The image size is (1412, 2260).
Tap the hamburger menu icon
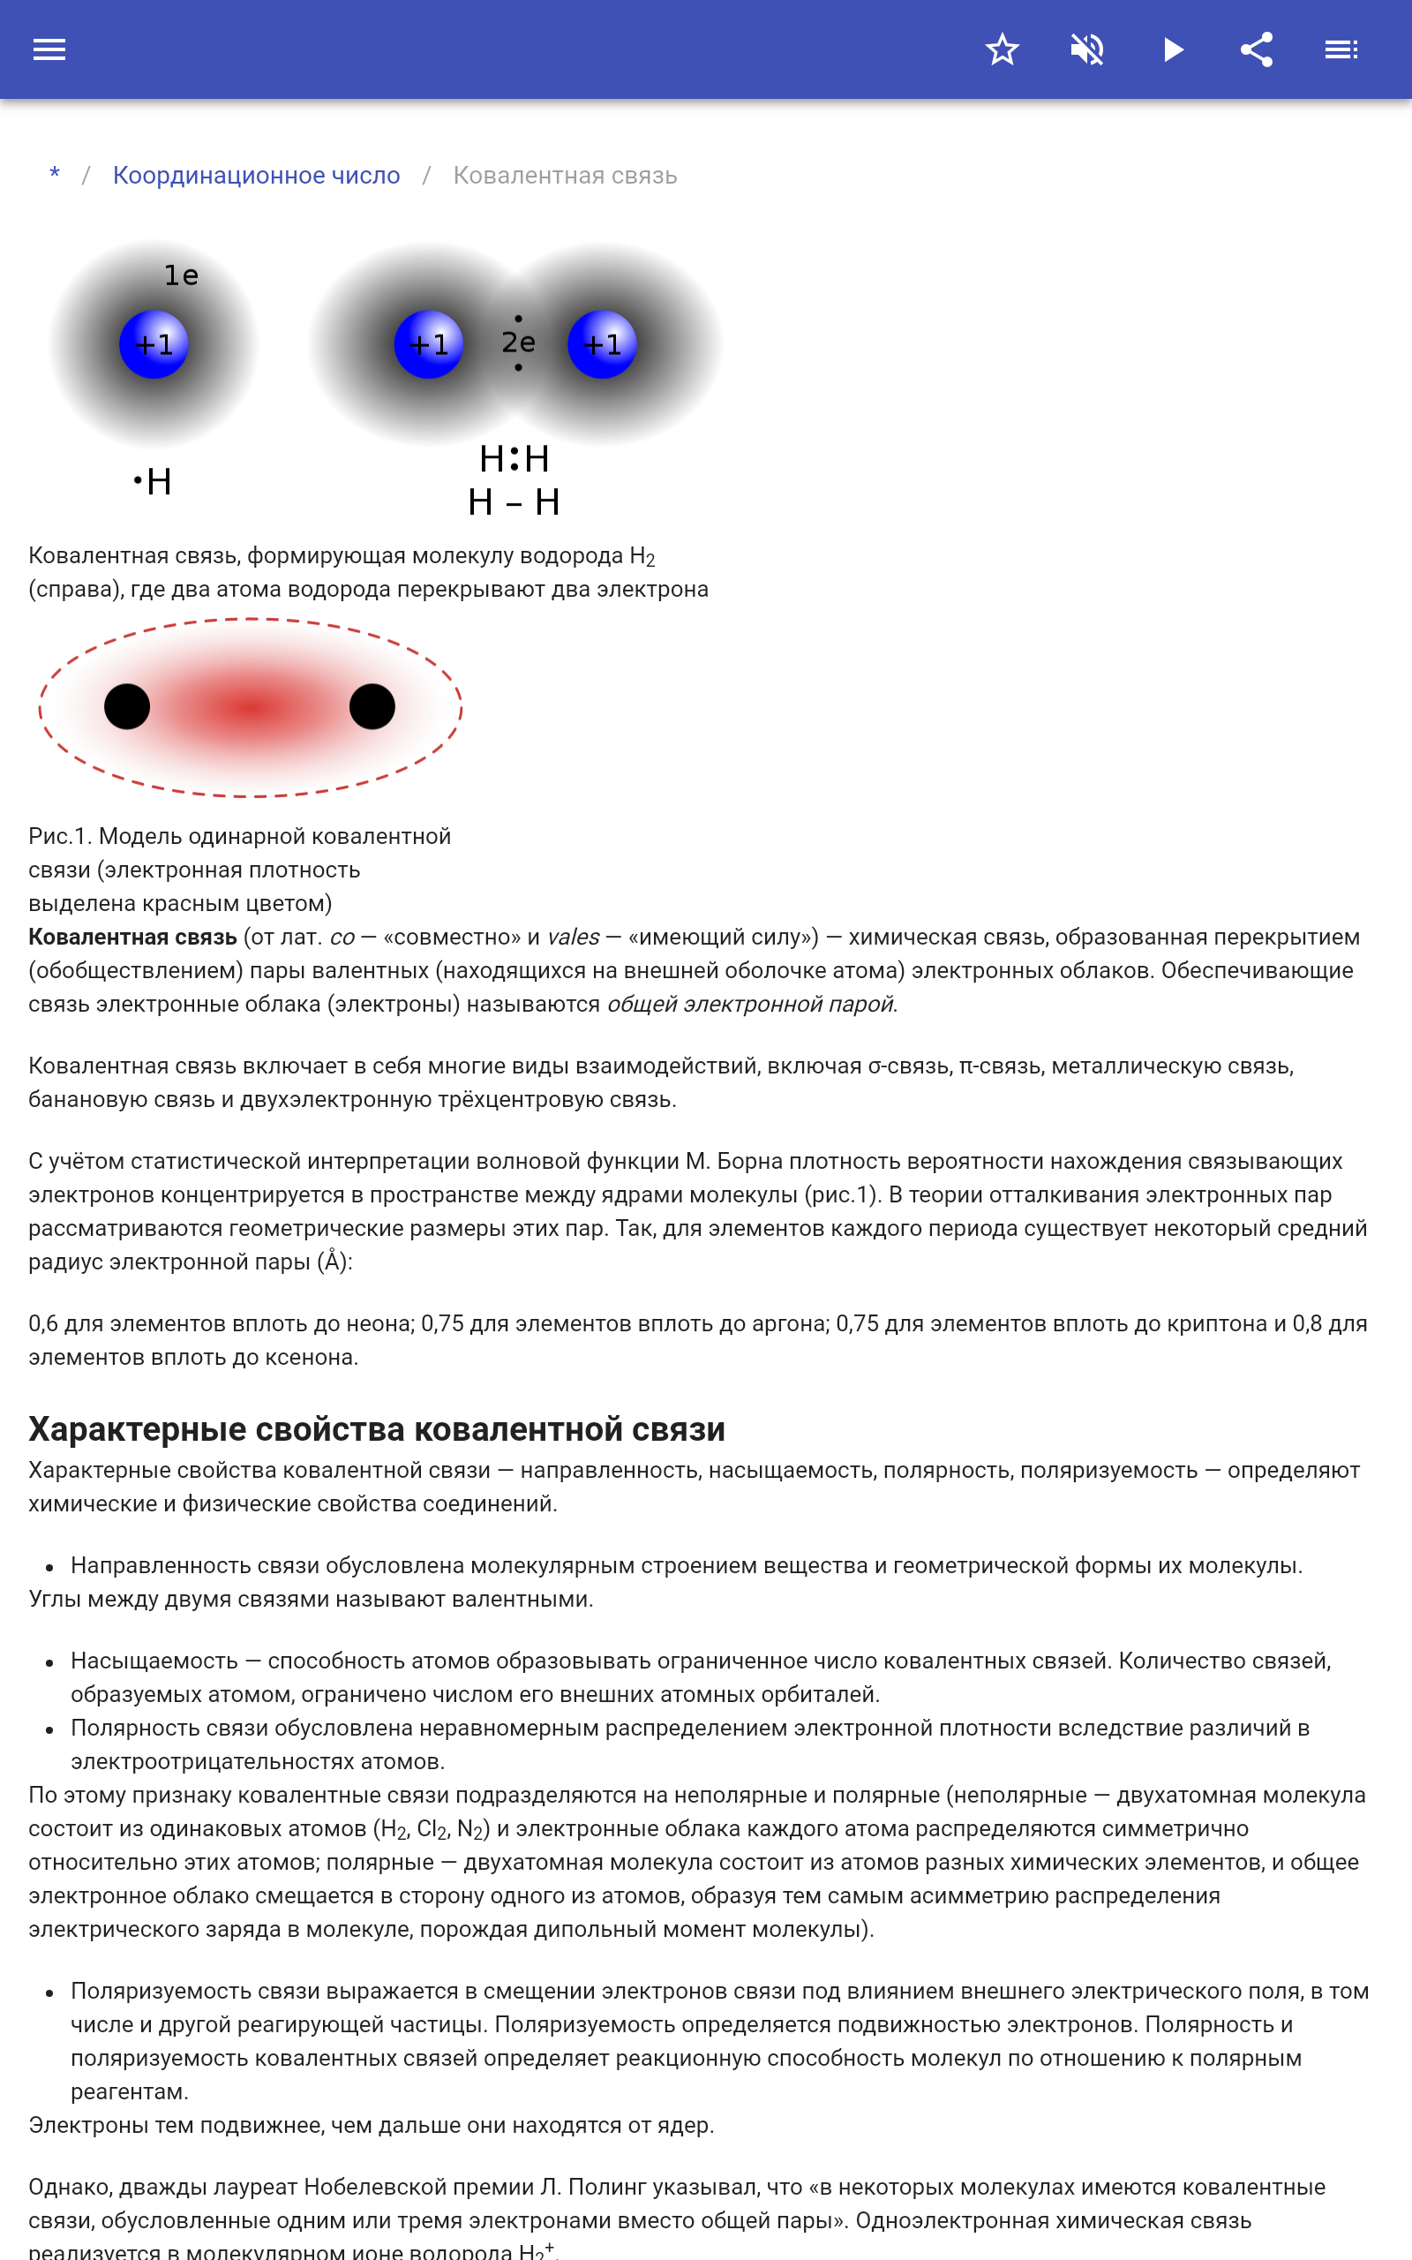pyautogui.click(x=49, y=49)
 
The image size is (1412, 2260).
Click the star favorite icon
pyautogui.click(x=1002, y=49)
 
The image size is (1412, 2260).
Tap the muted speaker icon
pyautogui.click(x=1087, y=49)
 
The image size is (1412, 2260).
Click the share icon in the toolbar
pyautogui.click(x=1257, y=49)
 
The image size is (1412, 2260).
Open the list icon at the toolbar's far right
pyautogui.click(x=1341, y=49)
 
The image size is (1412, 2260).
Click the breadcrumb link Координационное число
pyautogui.click(x=256, y=176)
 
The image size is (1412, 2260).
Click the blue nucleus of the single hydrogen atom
pyautogui.click(x=154, y=344)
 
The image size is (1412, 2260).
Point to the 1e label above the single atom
pyautogui.click(x=181, y=275)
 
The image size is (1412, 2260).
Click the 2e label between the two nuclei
pyautogui.click(x=518, y=343)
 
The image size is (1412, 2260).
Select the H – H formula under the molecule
pyautogui.click(x=514, y=502)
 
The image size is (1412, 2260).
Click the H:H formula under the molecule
pyautogui.click(x=514, y=458)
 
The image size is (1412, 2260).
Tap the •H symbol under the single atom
pyautogui.click(x=152, y=482)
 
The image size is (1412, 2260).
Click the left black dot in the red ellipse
pyautogui.click(x=127, y=706)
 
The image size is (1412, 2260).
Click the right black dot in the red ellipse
pyautogui.click(x=372, y=706)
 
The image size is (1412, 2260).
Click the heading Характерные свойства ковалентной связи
pyautogui.click(x=376, y=1429)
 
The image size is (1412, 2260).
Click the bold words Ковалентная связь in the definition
pyautogui.click(x=132, y=937)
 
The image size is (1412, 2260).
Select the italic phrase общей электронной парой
pyautogui.click(x=751, y=1004)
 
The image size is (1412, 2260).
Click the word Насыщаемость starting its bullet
pyautogui.click(x=154, y=1661)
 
